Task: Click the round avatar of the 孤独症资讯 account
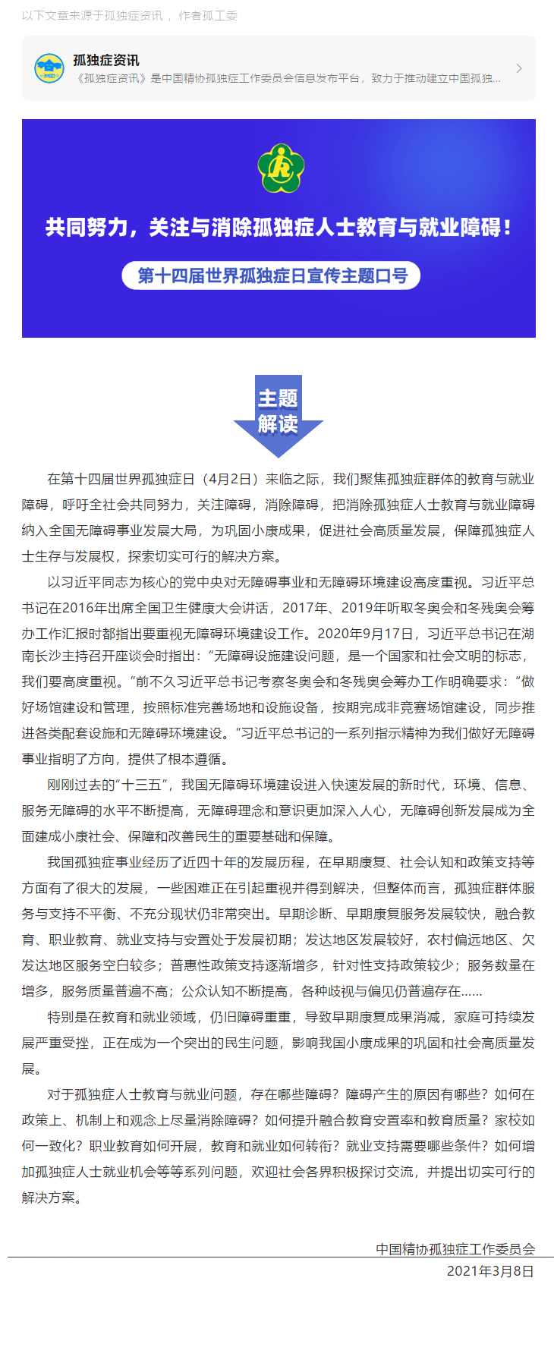pyautogui.click(x=49, y=68)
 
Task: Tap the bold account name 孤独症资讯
pyautogui.click(x=106, y=60)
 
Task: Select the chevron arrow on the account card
pyautogui.click(x=519, y=68)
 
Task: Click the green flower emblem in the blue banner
pyautogui.click(x=280, y=168)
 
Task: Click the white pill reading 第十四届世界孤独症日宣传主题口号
pyautogui.click(x=272, y=275)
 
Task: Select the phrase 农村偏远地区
pyautogui.click(x=467, y=940)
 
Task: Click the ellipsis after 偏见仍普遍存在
pyautogui.click(x=472, y=992)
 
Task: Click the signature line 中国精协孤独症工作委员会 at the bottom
pyautogui.click(x=455, y=1249)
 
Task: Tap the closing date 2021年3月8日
pyautogui.click(x=490, y=1271)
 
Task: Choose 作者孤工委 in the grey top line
pyautogui.click(x=208, y=15)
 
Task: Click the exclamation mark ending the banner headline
pyautogui.click(x=507, y=227)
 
